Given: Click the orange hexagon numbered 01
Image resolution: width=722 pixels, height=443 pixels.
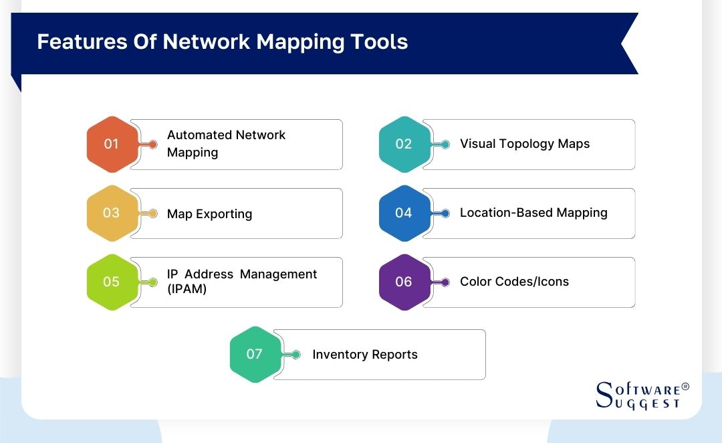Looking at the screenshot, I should (111, 144).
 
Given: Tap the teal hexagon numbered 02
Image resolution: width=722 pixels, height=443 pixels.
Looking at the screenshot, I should (403, 144).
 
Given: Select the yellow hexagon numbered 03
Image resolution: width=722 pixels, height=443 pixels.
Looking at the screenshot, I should (111, 213).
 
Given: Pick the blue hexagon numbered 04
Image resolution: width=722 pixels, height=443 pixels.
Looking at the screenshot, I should (403, 213).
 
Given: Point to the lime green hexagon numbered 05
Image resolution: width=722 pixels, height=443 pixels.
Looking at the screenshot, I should (111, 282).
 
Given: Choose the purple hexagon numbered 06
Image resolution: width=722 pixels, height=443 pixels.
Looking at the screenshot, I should (403, 282).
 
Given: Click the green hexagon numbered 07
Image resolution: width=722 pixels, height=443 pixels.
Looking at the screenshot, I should (254, 354).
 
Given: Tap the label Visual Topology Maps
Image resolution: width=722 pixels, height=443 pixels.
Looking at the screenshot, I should (525, 144).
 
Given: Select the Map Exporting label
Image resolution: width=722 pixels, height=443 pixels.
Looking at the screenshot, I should (209, 214).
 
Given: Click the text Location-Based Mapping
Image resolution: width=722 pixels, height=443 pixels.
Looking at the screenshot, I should (533, 213).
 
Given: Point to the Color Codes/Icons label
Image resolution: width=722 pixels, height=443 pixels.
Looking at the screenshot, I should (514, 282).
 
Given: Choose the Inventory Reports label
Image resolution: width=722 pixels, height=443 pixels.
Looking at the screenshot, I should (365, 355).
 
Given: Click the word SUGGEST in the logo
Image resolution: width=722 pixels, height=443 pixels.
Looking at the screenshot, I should (647, 403).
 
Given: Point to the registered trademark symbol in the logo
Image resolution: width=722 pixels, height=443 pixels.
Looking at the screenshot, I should (685, 387).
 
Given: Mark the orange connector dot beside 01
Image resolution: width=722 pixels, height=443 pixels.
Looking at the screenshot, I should (153, 145).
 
